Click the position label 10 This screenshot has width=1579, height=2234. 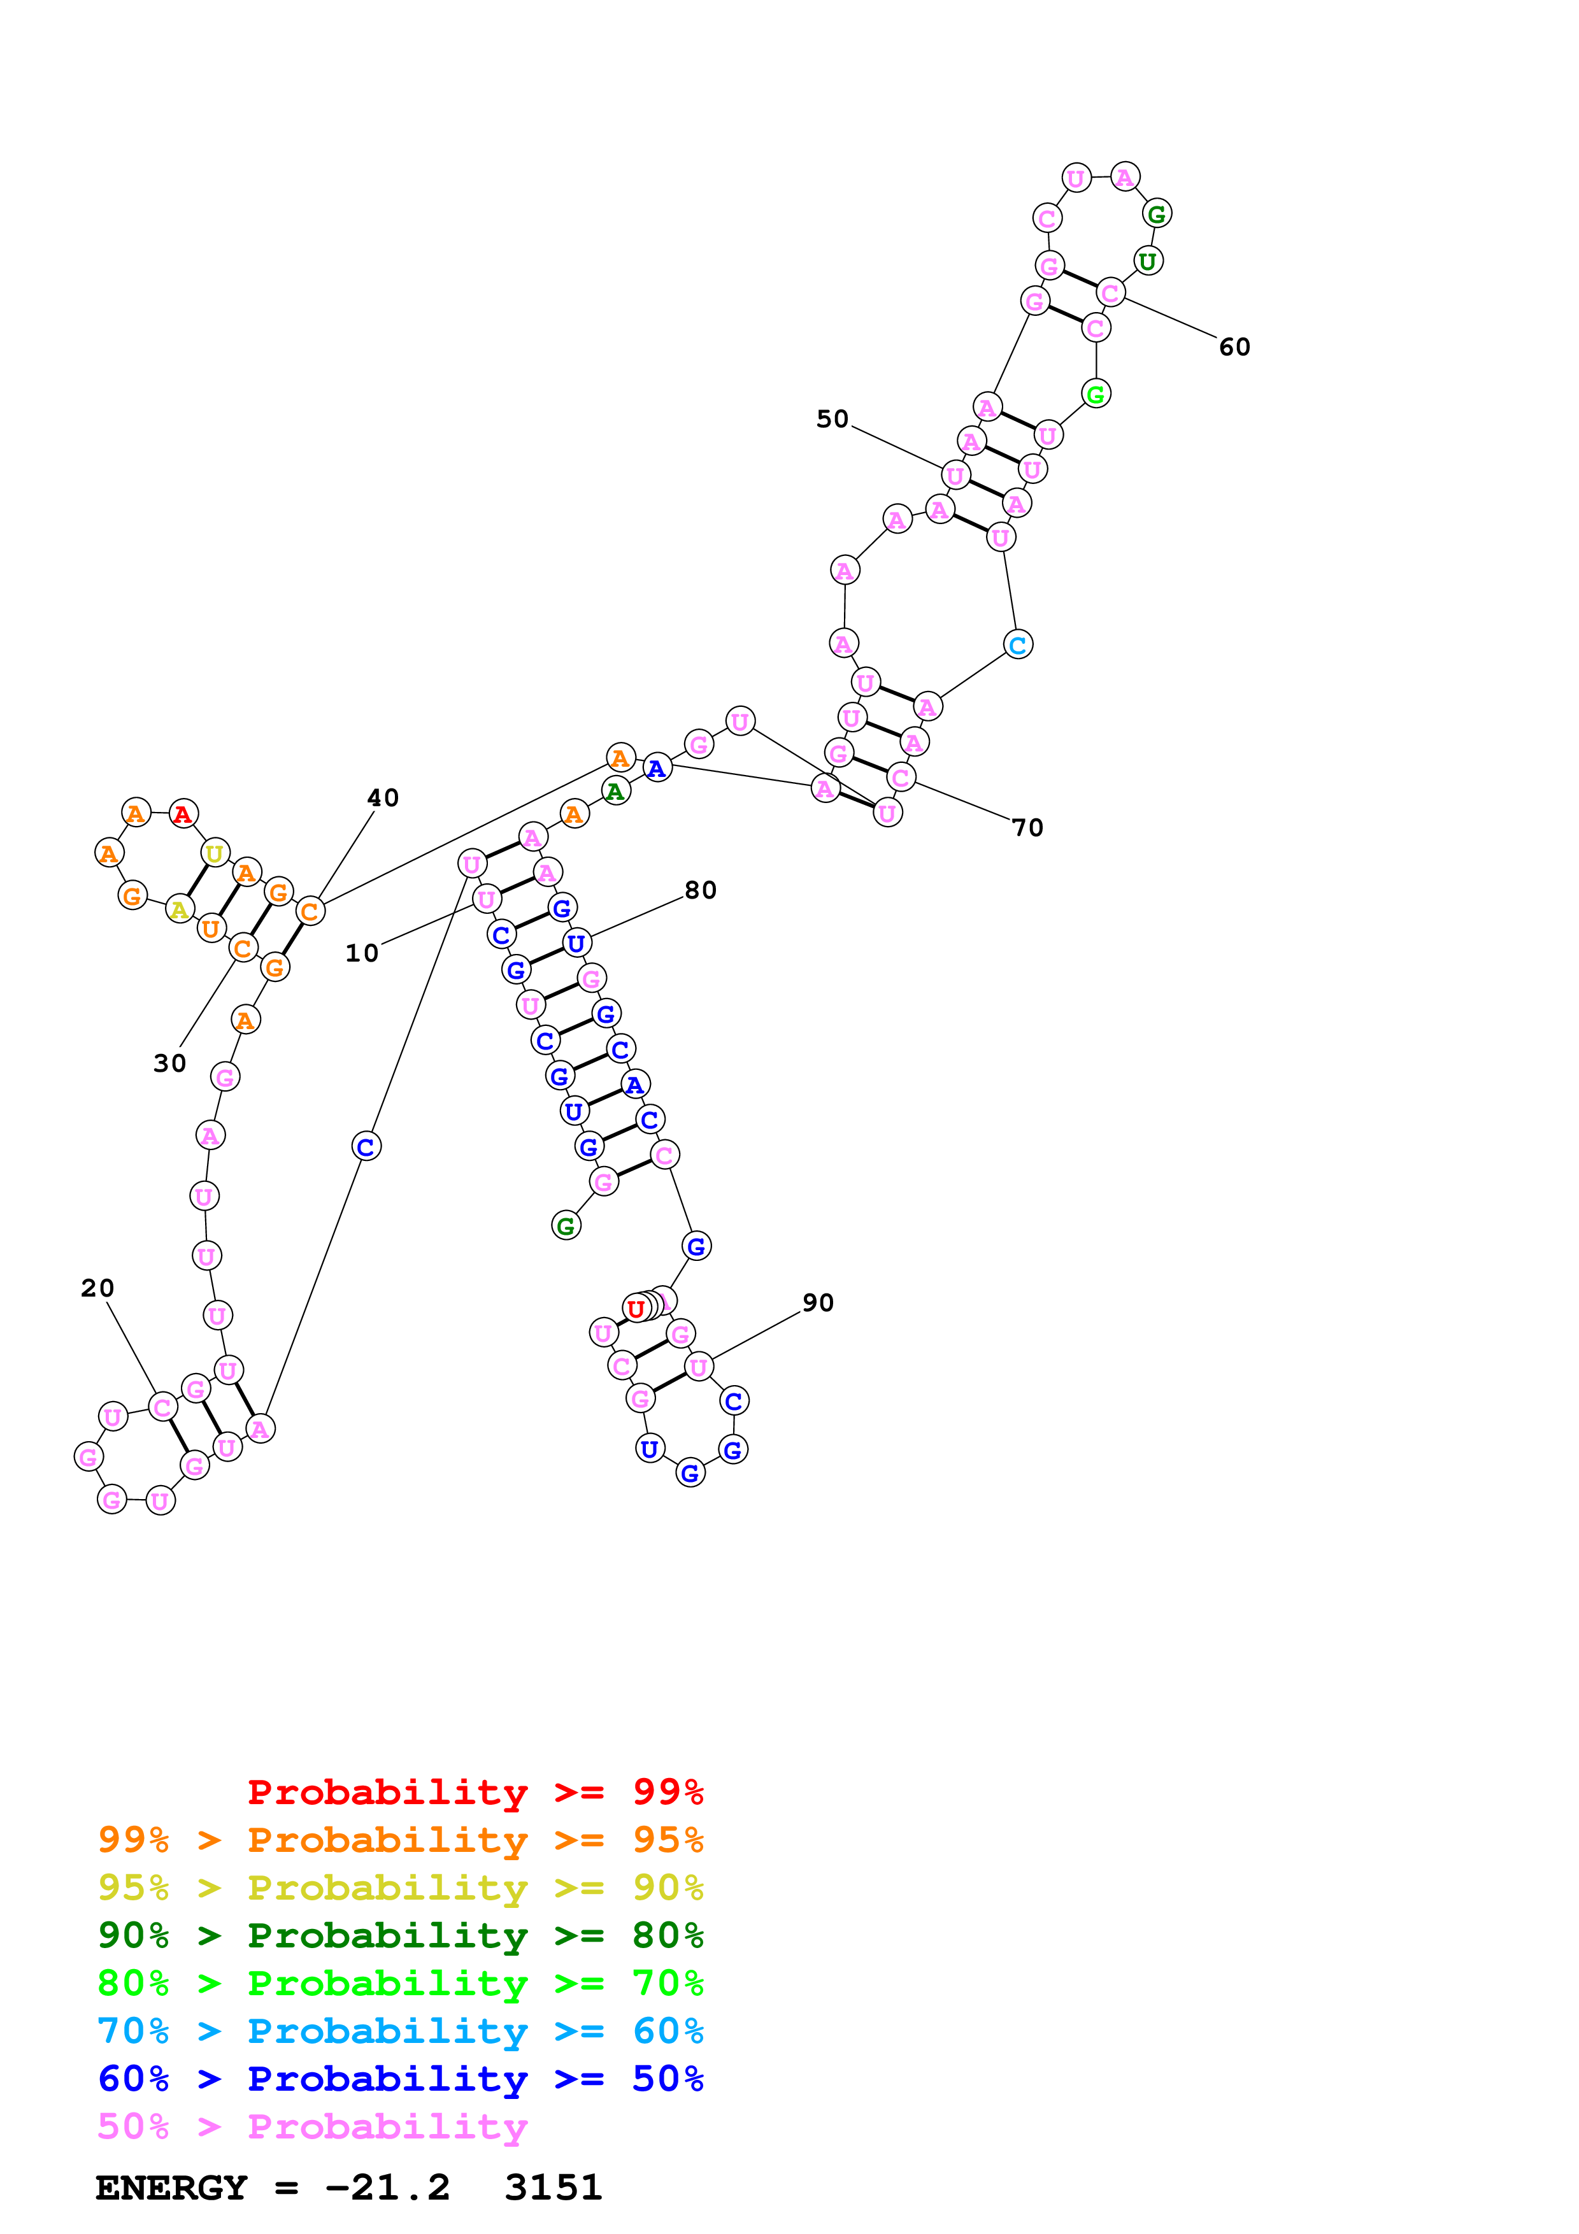[362, 953]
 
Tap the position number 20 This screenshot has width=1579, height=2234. [97, 1288]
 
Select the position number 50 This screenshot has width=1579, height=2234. [832, 420]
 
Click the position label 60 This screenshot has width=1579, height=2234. [1234, 347]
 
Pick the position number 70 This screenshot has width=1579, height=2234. [1027, 828]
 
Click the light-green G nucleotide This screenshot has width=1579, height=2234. [1096, 394]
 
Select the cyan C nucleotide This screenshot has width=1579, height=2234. [1018, 645]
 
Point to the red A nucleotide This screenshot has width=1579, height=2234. [183, 813]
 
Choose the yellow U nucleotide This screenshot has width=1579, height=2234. [214, 853]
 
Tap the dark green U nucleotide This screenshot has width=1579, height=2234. [1148, 260]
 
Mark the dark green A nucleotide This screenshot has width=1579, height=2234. [615, 791]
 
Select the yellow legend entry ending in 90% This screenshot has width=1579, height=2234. [400, 1887]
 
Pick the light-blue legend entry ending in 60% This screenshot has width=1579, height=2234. [400, 2031]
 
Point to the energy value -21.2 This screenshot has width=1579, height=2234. [387, 2188]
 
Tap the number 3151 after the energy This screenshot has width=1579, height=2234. [554, 2188]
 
